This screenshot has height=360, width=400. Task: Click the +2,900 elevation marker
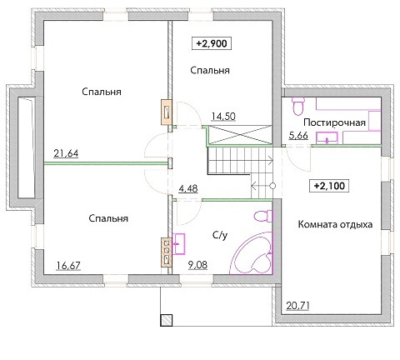212,44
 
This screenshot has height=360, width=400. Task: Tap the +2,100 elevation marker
329,186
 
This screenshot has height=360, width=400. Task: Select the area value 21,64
66,153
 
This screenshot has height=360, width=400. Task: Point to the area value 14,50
223,116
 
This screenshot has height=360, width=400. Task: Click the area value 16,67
68,266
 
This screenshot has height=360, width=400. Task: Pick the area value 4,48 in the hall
188,189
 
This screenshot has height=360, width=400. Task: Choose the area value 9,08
197,265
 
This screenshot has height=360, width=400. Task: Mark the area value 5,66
298,136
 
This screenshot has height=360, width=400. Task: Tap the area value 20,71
297,306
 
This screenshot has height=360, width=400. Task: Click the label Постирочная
334,122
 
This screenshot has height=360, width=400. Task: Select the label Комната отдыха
335,224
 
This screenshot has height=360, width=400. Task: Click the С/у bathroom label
220,235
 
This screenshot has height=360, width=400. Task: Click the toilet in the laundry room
298,106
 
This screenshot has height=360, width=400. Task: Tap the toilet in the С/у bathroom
263,216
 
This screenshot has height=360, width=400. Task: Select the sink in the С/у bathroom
178,244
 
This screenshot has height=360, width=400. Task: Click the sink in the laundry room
327,137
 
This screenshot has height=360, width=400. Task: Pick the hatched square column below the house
166,320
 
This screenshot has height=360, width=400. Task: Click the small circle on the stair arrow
272,186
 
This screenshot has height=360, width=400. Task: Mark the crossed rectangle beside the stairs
240,135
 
